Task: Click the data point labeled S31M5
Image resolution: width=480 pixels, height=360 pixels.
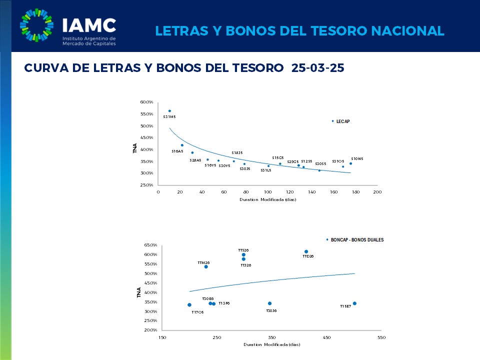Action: (x=169, y=111)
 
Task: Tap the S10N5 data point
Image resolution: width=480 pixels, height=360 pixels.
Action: (x=350, y=163)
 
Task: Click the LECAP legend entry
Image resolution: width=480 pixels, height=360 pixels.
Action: (x=343, y=121)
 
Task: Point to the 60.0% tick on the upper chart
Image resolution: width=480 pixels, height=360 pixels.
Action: (x=146, y=102)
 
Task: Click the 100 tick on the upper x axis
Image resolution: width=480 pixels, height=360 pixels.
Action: (x=268, y=192)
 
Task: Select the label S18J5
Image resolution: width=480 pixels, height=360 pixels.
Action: (x=237, y=152)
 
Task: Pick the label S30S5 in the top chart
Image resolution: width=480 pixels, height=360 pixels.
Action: (x=320, y=163)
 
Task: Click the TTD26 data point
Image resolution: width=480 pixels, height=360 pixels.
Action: (x=306, y=251)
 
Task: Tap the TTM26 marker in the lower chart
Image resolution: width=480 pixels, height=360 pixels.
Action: (x=206, y=266)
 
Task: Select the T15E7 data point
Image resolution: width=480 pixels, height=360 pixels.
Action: (x=354, y=303)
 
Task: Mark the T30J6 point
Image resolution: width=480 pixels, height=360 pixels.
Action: (x=270, y=303)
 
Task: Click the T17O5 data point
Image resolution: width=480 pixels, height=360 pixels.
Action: (x=189, y=305)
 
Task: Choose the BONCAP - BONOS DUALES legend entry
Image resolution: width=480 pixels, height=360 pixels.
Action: (x=357, y=240)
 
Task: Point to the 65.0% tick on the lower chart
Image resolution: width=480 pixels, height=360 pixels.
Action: (x=150, y=245)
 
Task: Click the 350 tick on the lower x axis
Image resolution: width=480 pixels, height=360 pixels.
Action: (x=272, y=338)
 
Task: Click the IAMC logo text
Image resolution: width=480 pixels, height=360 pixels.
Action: (x=88, y=25)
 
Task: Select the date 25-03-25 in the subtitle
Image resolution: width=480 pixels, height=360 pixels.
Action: (x=318, y=68)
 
